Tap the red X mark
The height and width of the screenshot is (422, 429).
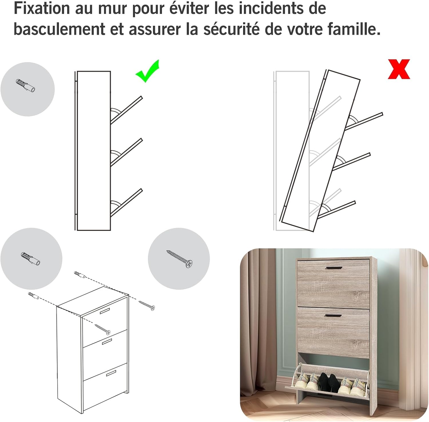[x=399, y=69]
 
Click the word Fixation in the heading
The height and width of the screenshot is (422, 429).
[x=42, y=8]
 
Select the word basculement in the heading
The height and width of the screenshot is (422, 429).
[x=59, y=29]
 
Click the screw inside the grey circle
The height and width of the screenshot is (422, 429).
[x=180, y=259]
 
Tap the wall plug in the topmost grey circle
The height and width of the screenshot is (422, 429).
[x=26, y=85]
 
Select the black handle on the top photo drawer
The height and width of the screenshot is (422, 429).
[x=333, y=268]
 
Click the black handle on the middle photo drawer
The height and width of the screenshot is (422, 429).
[x=333, y=315]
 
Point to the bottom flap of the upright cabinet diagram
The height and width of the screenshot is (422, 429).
[x=126, y=202]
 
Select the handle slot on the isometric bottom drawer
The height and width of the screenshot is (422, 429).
[x=111, y=373]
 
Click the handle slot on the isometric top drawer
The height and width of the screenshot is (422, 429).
[x=105, y=311]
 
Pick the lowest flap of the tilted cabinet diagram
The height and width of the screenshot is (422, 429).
[x=337, y=209]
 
